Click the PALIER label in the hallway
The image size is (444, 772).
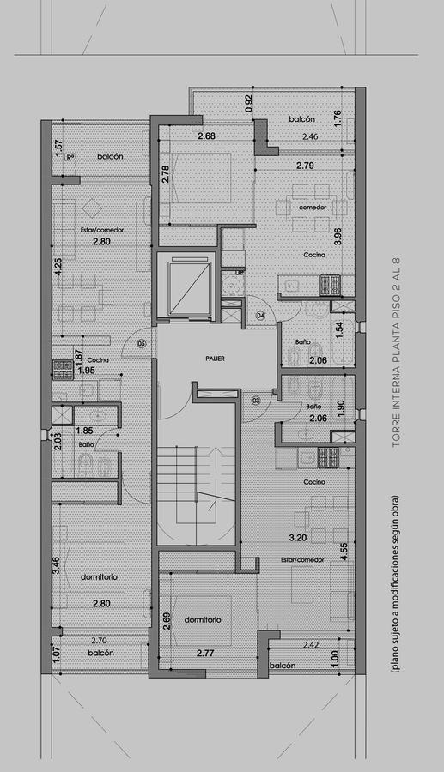[216, 359]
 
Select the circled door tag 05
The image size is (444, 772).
[142, 341]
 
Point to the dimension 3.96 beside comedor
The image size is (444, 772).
[338, 237]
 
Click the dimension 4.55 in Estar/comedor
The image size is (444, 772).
[344, 551]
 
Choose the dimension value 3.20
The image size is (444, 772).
[297, 538]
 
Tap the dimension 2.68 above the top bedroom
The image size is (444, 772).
[207, 136]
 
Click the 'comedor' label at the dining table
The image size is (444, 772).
[313, 208]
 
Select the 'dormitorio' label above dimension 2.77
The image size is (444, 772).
[203, 619]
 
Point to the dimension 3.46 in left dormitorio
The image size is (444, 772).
[57, 565]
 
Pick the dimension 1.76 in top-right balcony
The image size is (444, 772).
[338, 118]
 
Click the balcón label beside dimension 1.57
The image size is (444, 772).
[110, 156]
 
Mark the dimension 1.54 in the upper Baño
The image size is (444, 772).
[339, 330]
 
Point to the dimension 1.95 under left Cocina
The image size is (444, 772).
[86, 371]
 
